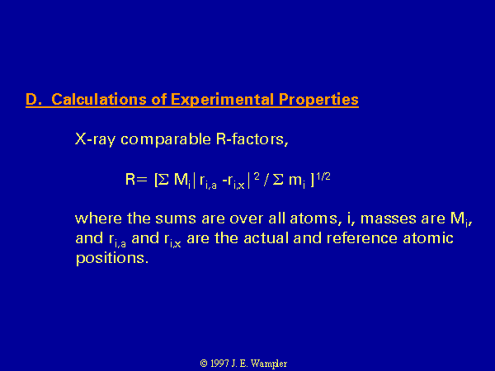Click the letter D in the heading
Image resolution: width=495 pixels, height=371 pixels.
point(32,100)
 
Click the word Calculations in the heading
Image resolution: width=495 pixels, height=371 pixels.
point(99,100)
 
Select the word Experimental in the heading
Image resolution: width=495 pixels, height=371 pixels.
point(222,100)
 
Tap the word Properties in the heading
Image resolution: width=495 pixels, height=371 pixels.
point(318,100)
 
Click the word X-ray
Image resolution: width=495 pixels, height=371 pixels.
point(95,139)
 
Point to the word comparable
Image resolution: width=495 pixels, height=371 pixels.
point(166,139)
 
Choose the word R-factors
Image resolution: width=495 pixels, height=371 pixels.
point(252,139)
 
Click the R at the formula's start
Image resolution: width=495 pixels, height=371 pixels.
point(130,179)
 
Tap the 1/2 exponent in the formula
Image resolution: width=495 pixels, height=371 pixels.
point(323,176)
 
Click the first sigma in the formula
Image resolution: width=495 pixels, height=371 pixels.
point(163,180)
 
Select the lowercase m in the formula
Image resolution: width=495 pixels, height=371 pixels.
point(295,180)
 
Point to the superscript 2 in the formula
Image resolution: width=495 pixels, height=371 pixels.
point(257,176)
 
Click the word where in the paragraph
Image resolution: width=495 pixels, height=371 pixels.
point(98,218)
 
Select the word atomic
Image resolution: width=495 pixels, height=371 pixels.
point(428,238)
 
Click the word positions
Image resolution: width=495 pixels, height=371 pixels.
point(112,258)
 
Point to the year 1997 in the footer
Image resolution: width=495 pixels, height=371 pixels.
point(219,364)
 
